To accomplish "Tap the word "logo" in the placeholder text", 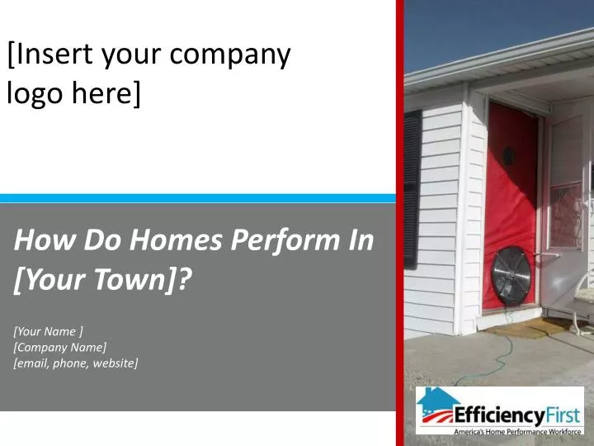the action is [35, 93].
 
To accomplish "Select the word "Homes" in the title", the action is [176, 240].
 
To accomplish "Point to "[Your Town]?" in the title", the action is [102, 279].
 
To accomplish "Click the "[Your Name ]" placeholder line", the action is [48, 331].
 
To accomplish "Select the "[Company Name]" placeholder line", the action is [60, 348].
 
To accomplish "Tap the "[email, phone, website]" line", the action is [76, 363].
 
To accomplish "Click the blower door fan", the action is [511, 276].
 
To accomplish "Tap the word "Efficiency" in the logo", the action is [499, 415].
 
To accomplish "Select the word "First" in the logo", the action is [563, 415].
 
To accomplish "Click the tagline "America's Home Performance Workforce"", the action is [517, 432].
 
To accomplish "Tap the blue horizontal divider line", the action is [198, 198].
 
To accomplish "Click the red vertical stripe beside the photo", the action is [400, 223].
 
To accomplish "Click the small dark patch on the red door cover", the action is [508, 156].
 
